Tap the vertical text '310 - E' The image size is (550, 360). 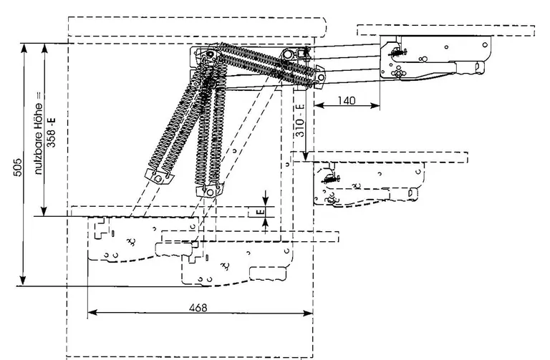coord(300,119)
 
